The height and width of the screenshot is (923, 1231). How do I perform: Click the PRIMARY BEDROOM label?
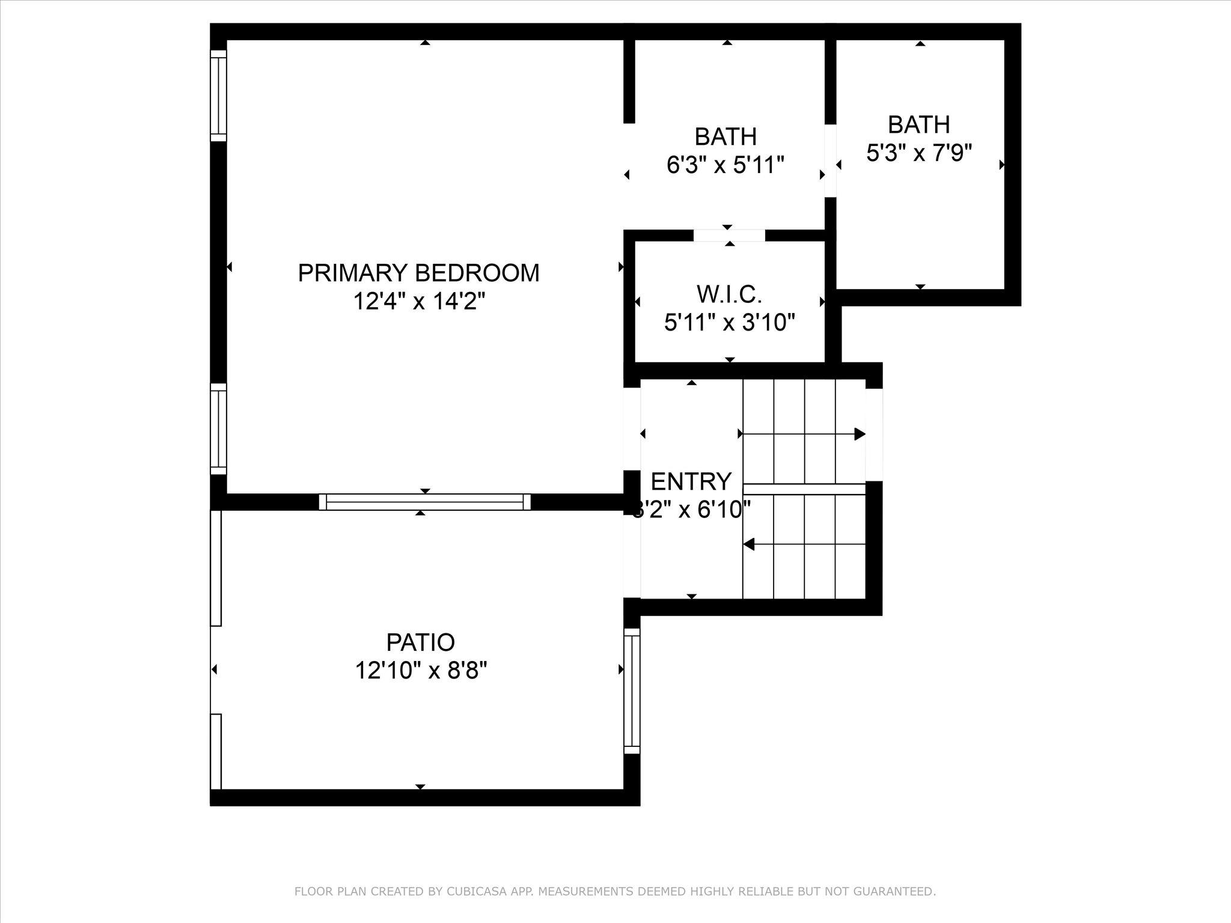[418, 273]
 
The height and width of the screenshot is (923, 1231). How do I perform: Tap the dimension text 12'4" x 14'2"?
[418, 301]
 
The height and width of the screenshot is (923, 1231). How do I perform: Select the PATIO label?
[420, 642]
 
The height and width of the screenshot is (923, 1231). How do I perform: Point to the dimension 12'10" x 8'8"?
[420, 670]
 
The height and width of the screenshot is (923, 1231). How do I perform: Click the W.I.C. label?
[729, 294]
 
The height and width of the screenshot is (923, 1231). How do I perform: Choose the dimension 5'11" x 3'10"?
[729, 323]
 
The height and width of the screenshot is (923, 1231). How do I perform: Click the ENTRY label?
[691, 481]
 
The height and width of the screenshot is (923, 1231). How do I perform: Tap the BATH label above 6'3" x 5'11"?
[725, 137]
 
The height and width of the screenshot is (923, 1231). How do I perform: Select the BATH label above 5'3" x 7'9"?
[918, 125]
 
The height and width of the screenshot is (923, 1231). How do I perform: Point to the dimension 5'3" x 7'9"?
[918, 153]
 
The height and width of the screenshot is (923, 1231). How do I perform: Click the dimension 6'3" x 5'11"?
[725, 165]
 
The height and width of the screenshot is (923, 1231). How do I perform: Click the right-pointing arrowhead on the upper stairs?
[860, 434]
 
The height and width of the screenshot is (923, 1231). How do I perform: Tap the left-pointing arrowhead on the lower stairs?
[749, 544]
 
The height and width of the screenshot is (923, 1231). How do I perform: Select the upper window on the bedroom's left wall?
[218, 96]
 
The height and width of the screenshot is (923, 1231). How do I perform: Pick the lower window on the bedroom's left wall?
[218, 429]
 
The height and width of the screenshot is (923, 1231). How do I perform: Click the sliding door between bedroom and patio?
[424, 502]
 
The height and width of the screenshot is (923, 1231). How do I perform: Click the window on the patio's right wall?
[632, 691]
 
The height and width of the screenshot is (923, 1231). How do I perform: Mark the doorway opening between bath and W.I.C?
[729, 235]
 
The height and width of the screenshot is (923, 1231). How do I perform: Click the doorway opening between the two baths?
[830, 160]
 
